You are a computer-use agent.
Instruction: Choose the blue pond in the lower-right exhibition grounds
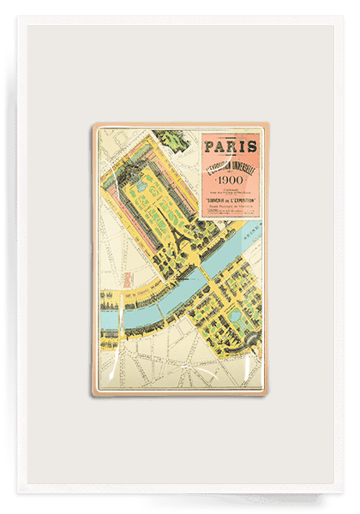(x=233, y=318)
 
